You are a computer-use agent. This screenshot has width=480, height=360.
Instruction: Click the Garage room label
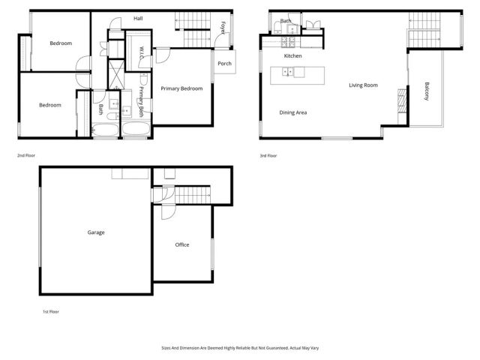pos(96,232)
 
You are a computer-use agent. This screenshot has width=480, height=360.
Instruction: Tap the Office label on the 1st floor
pos(182,245)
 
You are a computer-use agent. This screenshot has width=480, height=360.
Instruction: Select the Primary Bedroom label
pos(181,88)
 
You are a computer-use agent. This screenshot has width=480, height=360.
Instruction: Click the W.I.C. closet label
pos(142,53)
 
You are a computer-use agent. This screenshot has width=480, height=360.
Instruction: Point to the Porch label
pos(224,63)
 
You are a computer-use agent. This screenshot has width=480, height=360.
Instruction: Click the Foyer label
pos(223,28)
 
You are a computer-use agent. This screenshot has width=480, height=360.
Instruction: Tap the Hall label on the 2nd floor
pos(138,18)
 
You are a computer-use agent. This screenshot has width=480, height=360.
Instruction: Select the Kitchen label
pos(292,56)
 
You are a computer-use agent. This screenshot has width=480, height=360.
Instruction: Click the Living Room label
pos(363,85)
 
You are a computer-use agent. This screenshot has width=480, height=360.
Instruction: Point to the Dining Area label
pos(293,112)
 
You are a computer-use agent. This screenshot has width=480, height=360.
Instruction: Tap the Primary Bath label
pos(141,106)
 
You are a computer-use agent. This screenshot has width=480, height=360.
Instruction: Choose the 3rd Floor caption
pos(268,155)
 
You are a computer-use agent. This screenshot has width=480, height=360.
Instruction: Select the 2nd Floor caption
pos(26,155)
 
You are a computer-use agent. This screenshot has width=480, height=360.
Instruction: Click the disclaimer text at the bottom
pos(239,348)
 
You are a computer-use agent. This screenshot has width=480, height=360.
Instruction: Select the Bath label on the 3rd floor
pos(286,21)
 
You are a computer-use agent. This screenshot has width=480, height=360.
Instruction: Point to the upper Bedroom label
pos(61,43)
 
